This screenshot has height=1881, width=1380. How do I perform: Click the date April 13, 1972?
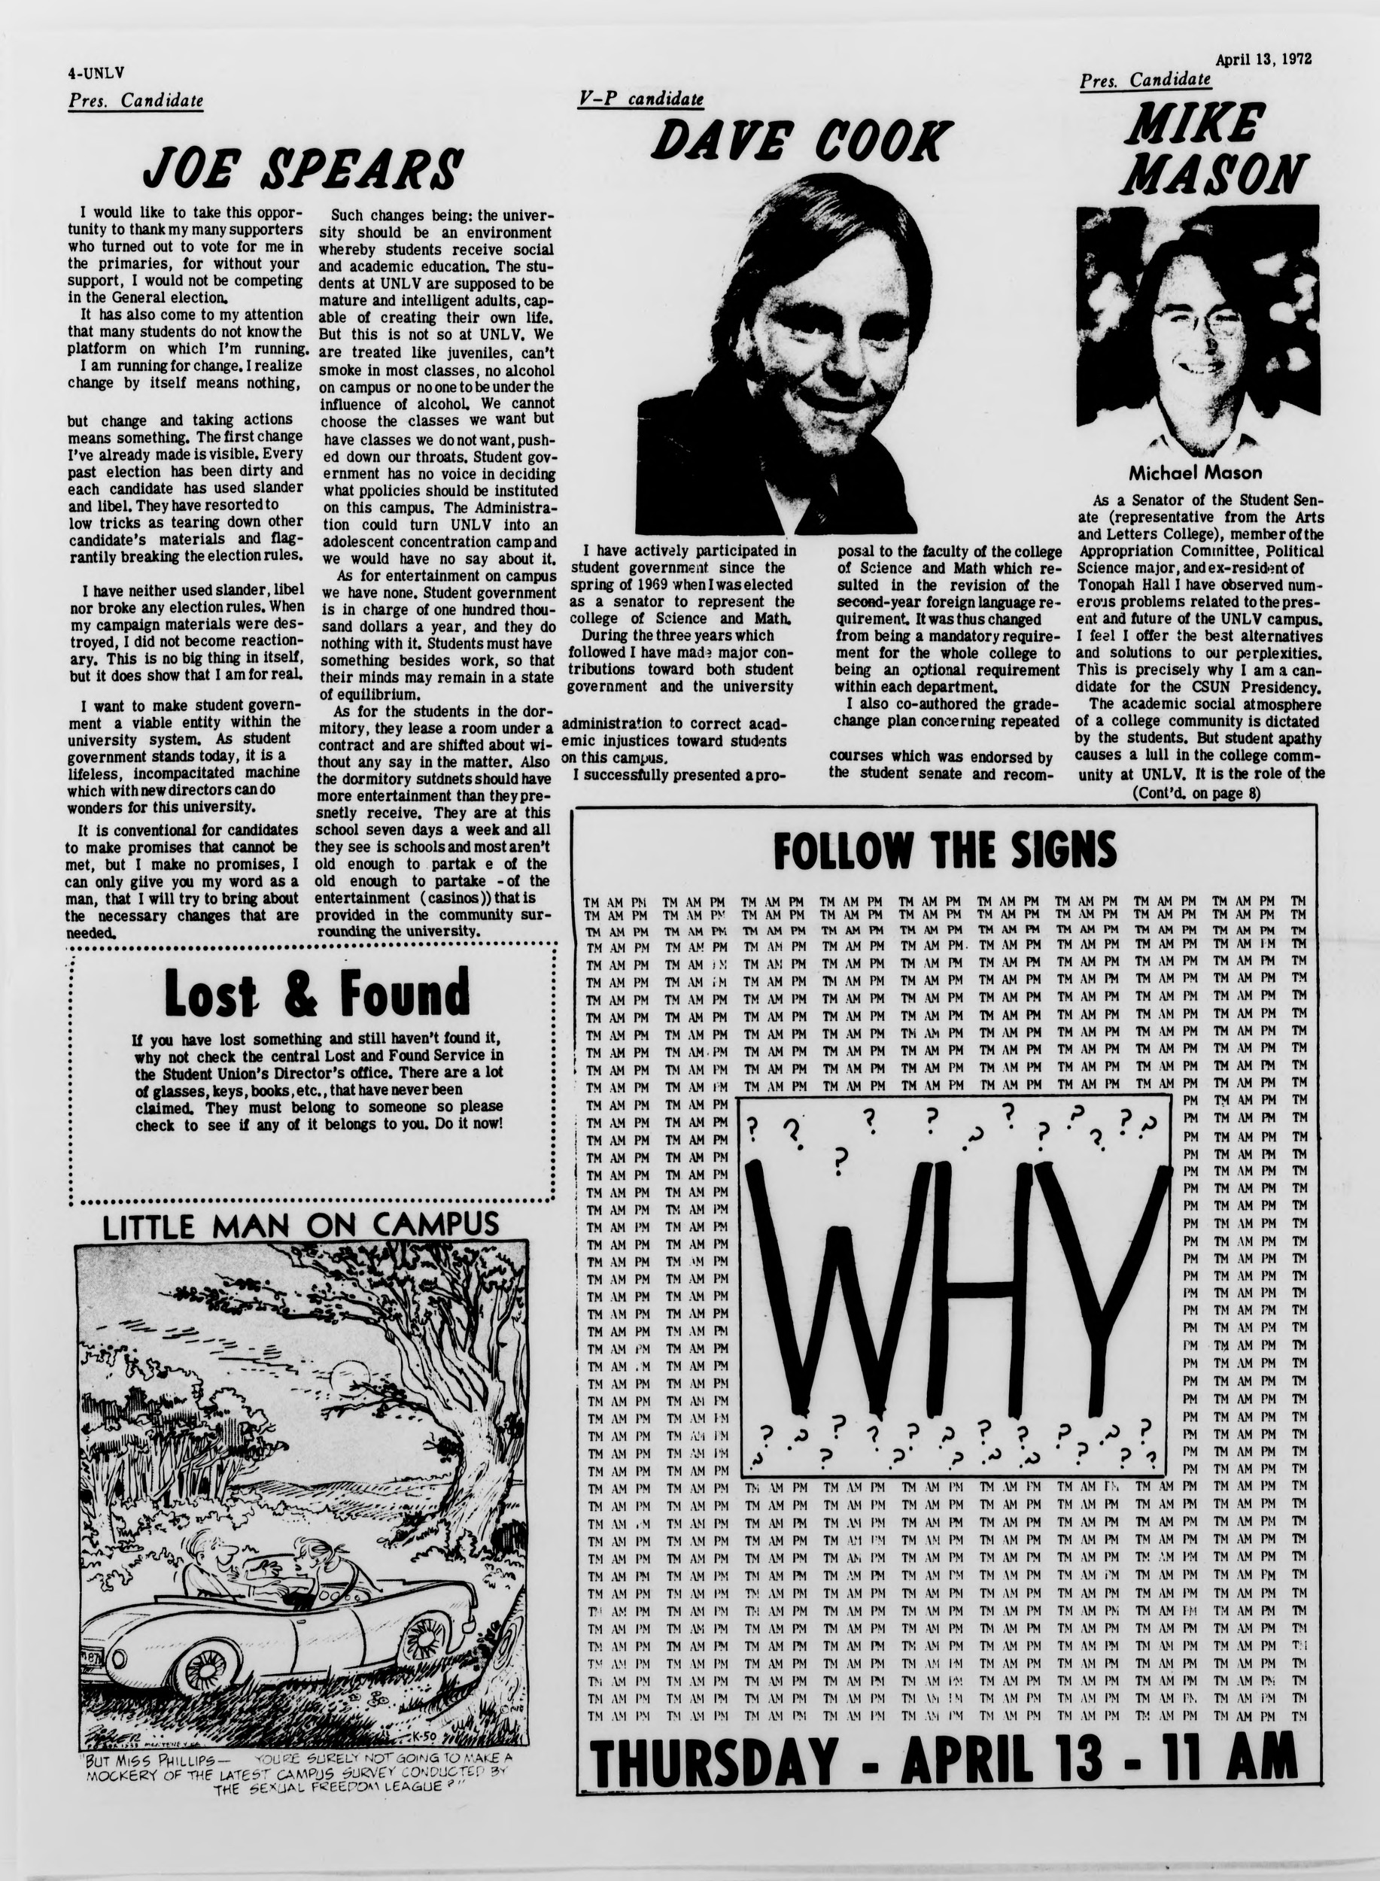tap(1263, 59)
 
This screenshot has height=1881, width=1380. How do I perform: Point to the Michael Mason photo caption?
tap(1196, 473)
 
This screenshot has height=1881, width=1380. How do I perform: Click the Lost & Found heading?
tap(317, 992)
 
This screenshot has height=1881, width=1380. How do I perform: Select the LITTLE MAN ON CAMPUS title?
tap(301, 1226)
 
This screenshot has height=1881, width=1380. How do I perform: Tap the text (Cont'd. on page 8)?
tap(1196, 794)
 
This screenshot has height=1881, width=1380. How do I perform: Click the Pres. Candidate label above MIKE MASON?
tap(1144, 81)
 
